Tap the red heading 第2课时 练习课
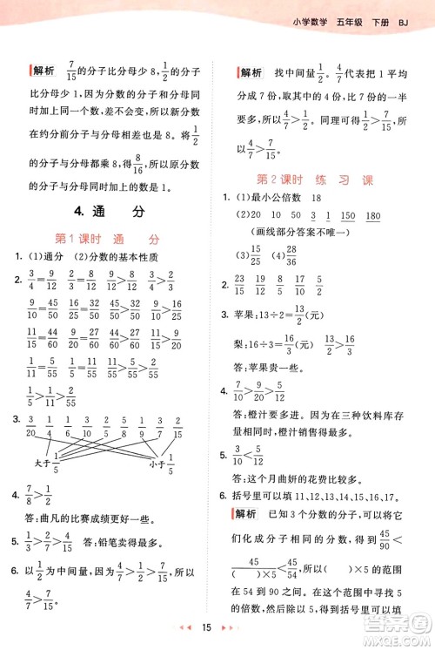coord(315,180)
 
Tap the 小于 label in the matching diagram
coord(157,464)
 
